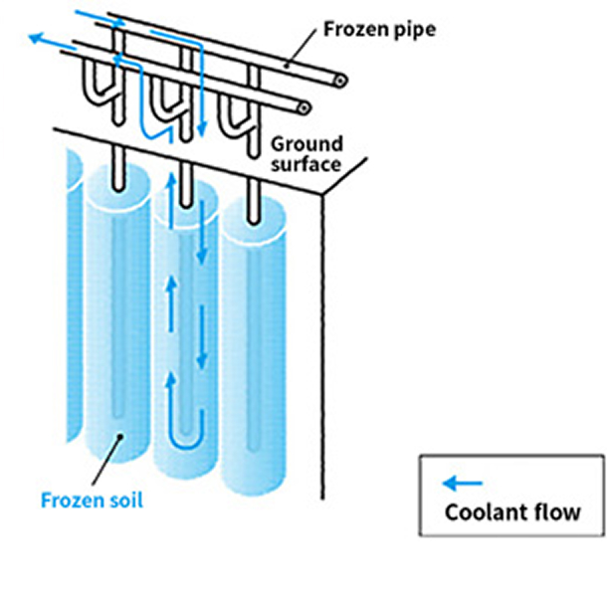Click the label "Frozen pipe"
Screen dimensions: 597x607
(379, 27)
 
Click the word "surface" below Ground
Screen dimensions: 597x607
(306, 164)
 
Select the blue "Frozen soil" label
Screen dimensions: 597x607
(92, 498)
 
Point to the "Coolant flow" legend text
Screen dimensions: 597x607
(511, 513)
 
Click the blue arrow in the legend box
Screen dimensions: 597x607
(463, 484)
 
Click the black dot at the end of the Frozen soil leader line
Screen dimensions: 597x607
(120, 436)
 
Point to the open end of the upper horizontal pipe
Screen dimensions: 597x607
(340, 80)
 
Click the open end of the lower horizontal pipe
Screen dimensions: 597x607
(303, 106)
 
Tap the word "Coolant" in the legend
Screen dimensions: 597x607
(482, 513)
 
